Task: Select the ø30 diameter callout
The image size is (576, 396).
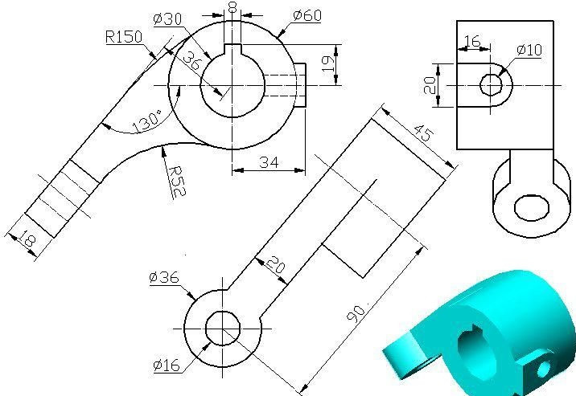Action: (167, 18)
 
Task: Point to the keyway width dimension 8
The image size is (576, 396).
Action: (232, 7)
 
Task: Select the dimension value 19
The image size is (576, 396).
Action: (327, 64)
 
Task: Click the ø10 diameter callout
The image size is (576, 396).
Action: (529, 50)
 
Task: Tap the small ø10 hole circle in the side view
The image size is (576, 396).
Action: (491, 84)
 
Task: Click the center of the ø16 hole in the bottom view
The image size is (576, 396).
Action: (223, 328)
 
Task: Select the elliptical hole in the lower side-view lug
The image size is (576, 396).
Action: (532, 207)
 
